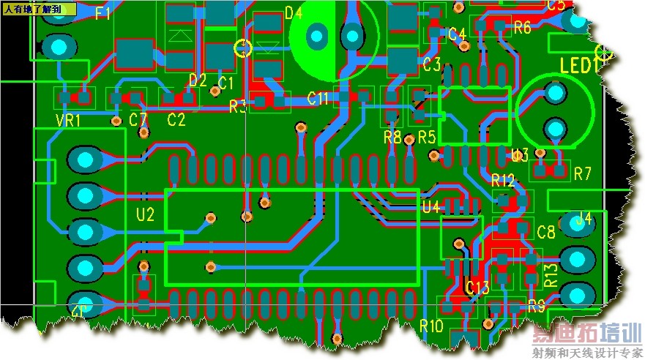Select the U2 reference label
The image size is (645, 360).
point(146,214)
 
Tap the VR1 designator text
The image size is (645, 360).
point(68,120)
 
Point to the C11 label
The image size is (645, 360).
point(318,98)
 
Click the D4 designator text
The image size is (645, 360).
point(293,12)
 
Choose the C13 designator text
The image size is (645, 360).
point(477,288)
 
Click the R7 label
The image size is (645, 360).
point(583,173)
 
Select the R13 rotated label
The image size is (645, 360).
point(551,276)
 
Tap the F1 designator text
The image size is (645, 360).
point(103,14)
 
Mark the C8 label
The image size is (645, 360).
point(546,233)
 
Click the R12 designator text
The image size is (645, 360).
point(504,180)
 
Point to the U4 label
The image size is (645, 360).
point(431,208)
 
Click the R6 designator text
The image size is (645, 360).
point(522,28)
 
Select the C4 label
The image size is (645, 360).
point(458,34)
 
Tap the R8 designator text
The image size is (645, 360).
point(392,137)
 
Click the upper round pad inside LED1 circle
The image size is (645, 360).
point(556,93)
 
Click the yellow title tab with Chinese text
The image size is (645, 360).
point(39,10)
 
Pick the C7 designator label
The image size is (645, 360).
point(138,119)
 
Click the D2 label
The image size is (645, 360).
point(198,79)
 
